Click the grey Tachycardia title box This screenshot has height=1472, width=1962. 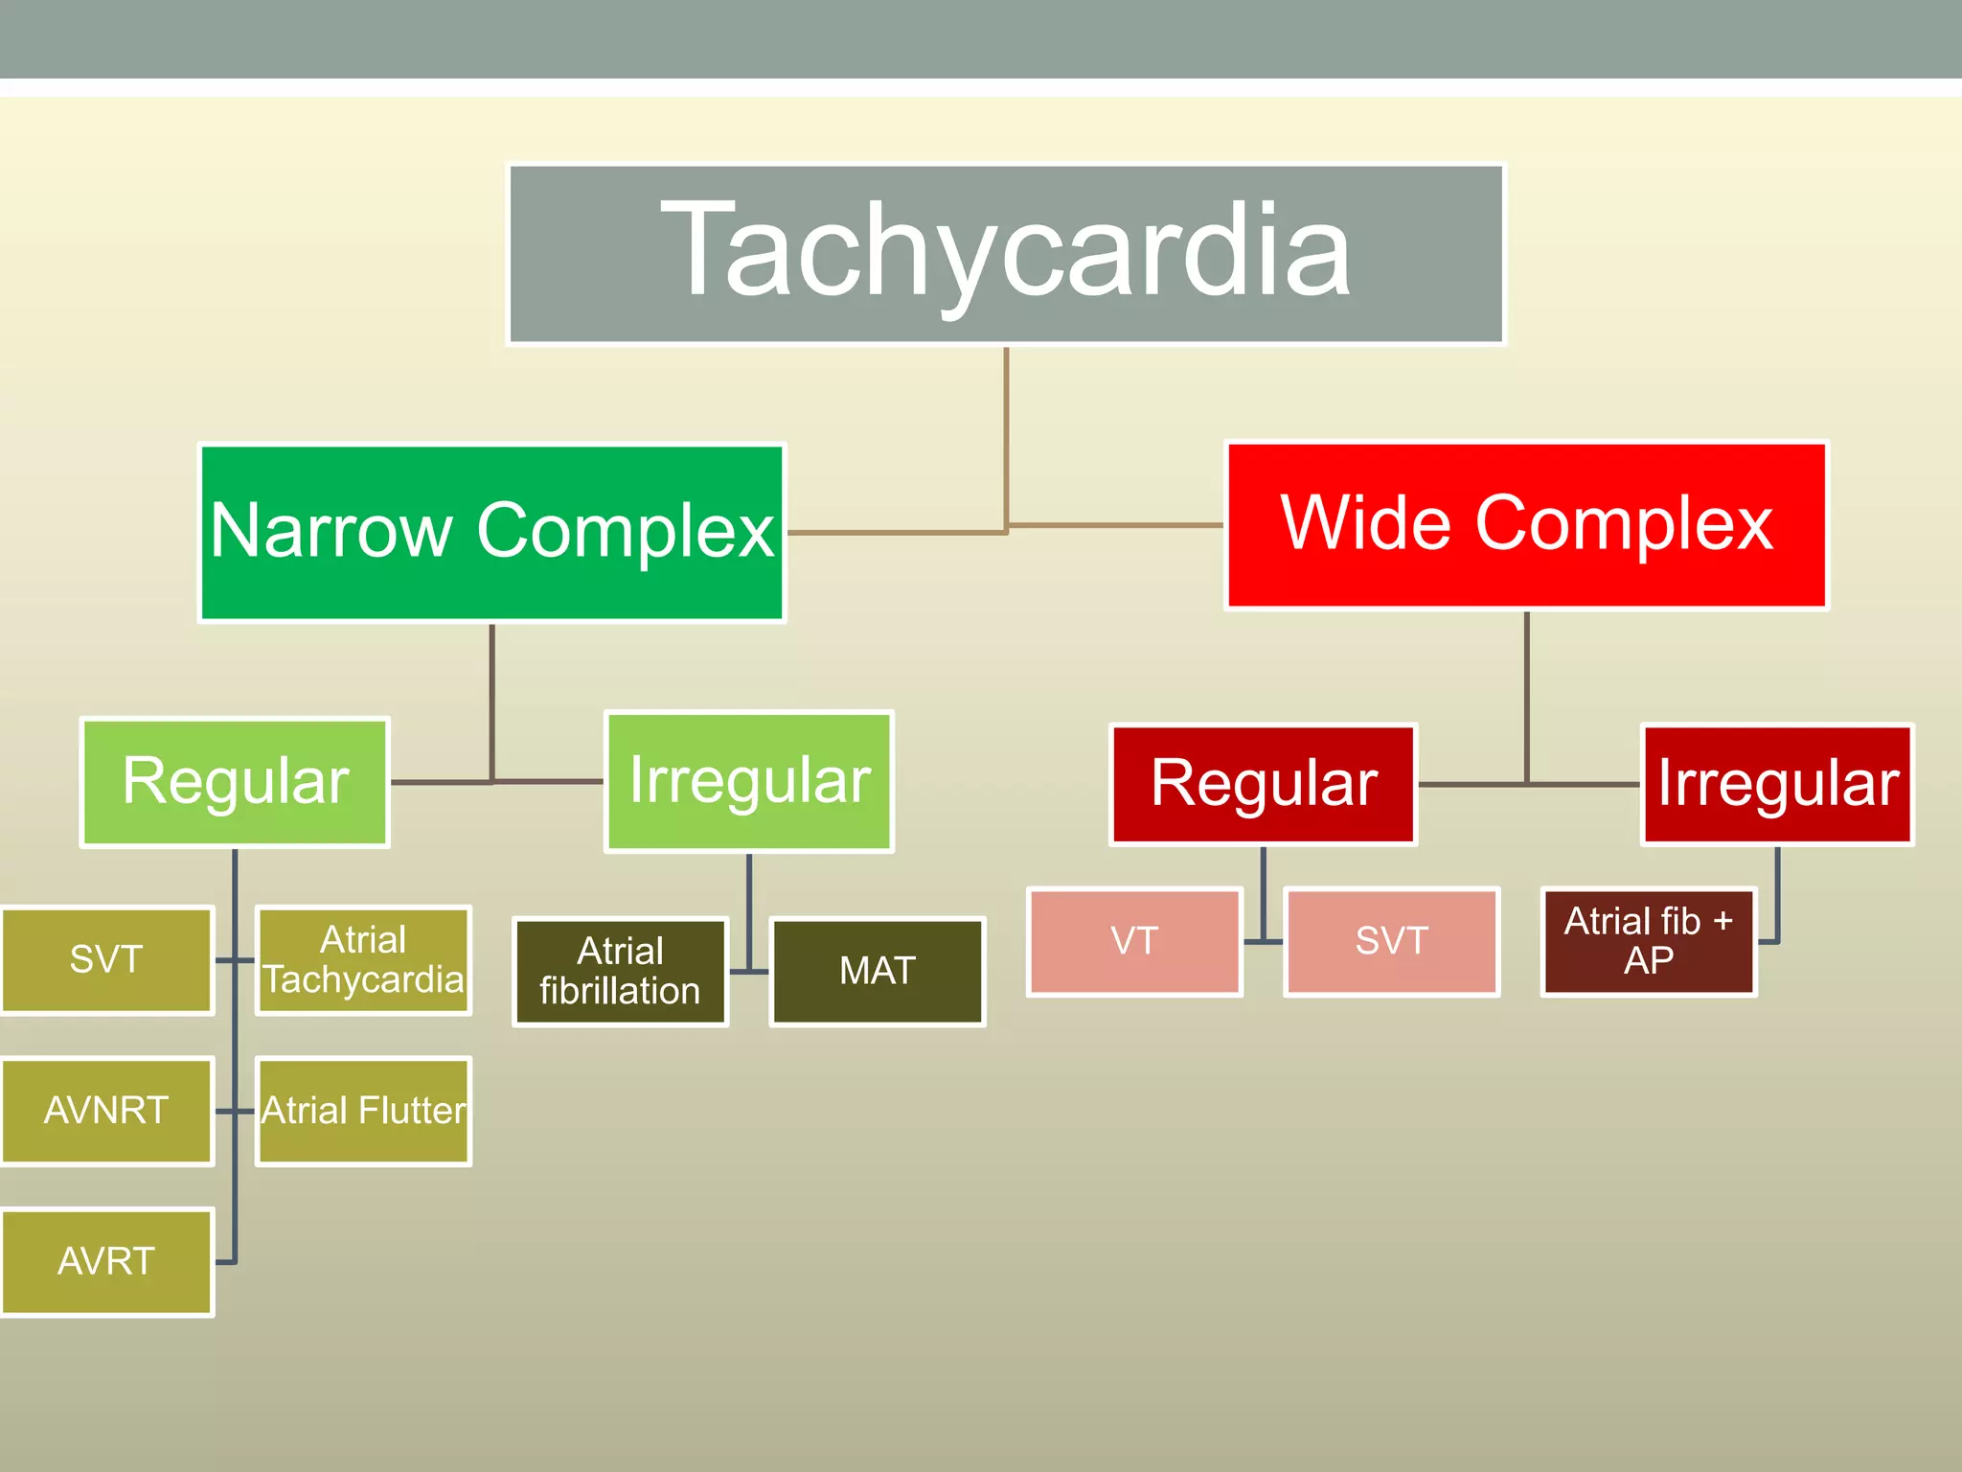[1006, 254]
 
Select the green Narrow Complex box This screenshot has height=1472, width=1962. [491, 533]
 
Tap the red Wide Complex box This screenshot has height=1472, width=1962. [1527, 525]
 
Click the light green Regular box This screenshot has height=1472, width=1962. [235, 782]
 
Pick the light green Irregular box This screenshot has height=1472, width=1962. [749, 781]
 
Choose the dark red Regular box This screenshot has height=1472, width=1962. [1264, 784]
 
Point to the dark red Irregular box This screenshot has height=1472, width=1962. [1777, 784]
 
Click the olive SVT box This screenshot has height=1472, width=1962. [106, 959]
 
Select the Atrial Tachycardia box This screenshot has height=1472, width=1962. [363, 959]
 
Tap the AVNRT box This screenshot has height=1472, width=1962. [106, 1111]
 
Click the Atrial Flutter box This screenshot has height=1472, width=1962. [363, 1111]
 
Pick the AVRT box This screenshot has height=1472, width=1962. [106, 1261]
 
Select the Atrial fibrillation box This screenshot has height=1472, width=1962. [620, 972]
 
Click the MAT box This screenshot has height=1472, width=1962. [878, 972]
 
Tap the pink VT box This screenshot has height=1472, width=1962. [1134, 941]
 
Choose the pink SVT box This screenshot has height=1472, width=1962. [1391, 941]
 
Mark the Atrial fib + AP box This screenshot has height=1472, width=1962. [1649, 941]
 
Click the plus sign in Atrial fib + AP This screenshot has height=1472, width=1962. [1722, 922]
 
